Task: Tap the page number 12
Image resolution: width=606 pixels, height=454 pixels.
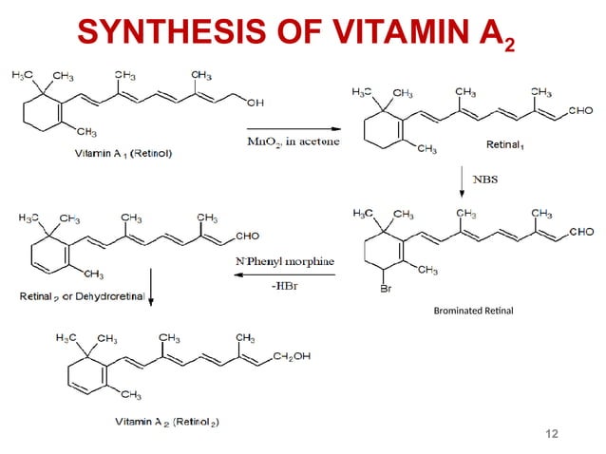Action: click(551, 434)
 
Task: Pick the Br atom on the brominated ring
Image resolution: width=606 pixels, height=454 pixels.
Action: click(386, 289)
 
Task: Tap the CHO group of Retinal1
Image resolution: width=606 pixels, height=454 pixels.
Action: click(579, 111)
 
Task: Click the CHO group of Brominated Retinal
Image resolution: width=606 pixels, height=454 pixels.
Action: click(579, 232)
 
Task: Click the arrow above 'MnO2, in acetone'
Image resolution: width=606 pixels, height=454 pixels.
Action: click(293, 127)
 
